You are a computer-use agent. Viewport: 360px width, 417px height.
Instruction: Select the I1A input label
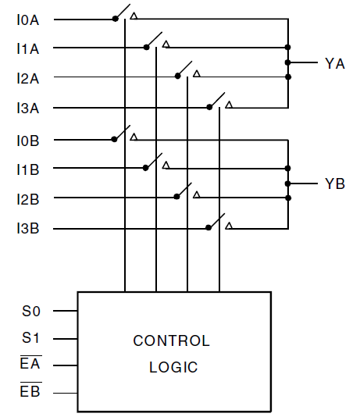coord(27,48)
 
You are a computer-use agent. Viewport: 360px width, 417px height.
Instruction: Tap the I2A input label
coord(27,77)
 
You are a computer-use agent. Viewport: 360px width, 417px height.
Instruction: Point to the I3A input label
coord(27,108)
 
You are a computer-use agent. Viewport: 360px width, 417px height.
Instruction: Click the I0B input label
coord(27,140)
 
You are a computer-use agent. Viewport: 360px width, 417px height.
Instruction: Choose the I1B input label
coord(27,169)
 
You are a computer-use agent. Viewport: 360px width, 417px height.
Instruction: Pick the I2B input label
coord(27,198)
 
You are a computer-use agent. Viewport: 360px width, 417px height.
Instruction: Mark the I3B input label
coord(27,228)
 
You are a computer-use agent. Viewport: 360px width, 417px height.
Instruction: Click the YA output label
coord(334,63)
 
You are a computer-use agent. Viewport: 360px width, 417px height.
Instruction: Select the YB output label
coord(334,184)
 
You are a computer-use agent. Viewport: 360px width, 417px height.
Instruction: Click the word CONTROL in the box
coord(171,341)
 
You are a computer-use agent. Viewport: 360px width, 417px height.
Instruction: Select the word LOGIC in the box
coord(173,367)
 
